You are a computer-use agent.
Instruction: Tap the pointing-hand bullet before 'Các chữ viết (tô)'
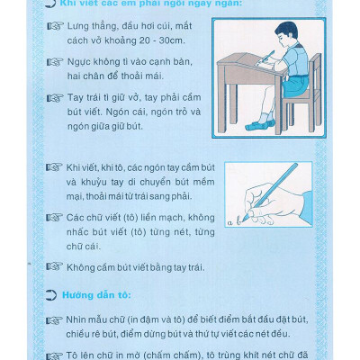pyautogui.click(x=55, y=217)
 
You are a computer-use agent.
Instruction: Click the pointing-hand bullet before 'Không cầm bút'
pyautogui.click(x=55, y=266)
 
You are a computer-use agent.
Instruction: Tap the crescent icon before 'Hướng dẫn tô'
pyautogui.click(x=51, y=294)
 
